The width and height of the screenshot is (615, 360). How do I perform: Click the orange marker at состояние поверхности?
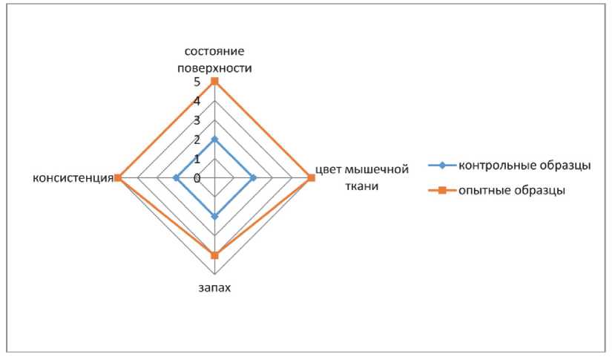(x=214, y=81)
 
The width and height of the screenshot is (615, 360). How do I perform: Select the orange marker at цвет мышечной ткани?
(x=311, y=178)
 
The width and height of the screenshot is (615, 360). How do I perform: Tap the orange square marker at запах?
(x=214, y=255)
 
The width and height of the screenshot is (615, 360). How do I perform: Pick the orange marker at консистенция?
(x=117, y=178)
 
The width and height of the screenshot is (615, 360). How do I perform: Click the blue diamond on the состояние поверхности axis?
(x=214, y=140)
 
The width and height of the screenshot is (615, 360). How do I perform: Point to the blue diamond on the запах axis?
(x=214, y=217)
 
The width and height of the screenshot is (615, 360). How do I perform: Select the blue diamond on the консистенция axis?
(x=176, y=178)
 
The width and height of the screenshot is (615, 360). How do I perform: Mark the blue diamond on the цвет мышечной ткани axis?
(x=253, y=178)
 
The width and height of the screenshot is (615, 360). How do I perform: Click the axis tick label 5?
(x=197, y=82)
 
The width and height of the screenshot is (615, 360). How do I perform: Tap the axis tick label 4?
(x=197, y=101)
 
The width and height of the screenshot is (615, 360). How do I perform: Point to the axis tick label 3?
(x=197, y=120)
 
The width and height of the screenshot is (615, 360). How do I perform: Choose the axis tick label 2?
(x=197, y=140)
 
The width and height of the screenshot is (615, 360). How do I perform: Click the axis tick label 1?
(x=197, y=159)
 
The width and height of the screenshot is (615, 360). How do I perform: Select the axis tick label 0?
(x=197, y=178)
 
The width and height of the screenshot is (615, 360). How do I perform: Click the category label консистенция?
(x=72, y=178)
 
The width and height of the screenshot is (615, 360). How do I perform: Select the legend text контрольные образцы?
(x=524, y=165)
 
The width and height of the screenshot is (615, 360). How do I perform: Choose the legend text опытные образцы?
(x=512, y=190)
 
